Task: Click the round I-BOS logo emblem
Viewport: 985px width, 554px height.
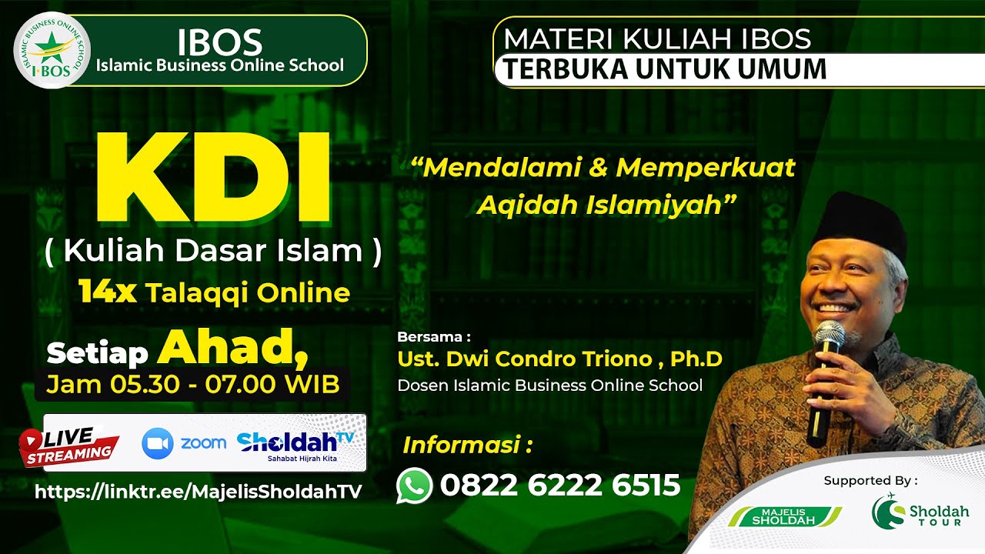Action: (x=52, y=51)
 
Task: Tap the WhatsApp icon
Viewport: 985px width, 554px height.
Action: (x=414, y=486)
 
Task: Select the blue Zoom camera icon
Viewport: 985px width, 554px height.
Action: (x=158, y=443)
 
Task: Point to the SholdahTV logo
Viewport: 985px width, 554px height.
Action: (x=295, y=444)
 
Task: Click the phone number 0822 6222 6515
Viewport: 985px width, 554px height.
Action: (x=560, y=486)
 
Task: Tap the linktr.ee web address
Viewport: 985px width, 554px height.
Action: (x=199, y=492)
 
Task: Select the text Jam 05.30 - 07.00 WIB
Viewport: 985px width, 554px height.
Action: (x=192, y=384)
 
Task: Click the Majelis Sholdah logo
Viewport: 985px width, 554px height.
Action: (x=785, y=516)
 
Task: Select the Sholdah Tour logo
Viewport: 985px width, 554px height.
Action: (x=920, y=511)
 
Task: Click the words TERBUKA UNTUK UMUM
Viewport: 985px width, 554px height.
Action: (x=666, y=69)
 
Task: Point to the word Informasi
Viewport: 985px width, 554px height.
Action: (x=467, y=445)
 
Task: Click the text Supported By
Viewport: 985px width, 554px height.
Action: (x=870, y=481)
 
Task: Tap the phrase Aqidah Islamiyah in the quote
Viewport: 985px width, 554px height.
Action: (x=606, y=204)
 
